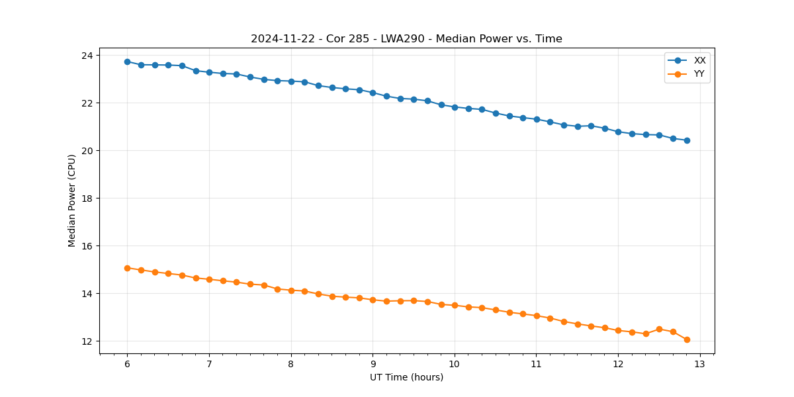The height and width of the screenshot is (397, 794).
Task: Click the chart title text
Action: [406, 39]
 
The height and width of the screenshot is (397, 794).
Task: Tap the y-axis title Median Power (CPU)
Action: [72, 200]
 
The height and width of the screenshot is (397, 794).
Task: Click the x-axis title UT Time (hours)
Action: [406, 377]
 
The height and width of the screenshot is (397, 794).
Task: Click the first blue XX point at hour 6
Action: [127, 62]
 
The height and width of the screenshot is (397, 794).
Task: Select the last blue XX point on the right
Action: [687, 140]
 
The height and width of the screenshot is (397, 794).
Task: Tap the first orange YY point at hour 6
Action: [127, 268]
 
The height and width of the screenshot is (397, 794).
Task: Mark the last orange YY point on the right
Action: [687, 339]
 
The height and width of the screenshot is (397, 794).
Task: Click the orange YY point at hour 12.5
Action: [659, 329]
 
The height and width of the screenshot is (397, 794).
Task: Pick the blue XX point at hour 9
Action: [373, 93]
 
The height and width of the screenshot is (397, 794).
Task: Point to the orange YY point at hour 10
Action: [455, 305]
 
